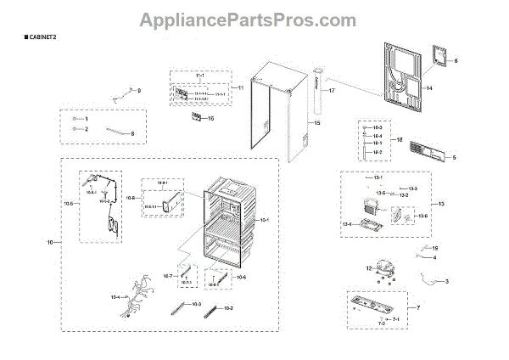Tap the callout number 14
(429, 88)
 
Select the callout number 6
(455, 61)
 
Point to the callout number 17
(333, 90)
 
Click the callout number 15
(317, 124)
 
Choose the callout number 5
(454, 158)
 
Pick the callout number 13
(441, 205)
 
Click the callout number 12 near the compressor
(369, 268)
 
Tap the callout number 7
(417, 307)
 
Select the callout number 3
(447, 281)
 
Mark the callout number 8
(131, 133)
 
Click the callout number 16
(210, 119)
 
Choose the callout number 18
(400, 139)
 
